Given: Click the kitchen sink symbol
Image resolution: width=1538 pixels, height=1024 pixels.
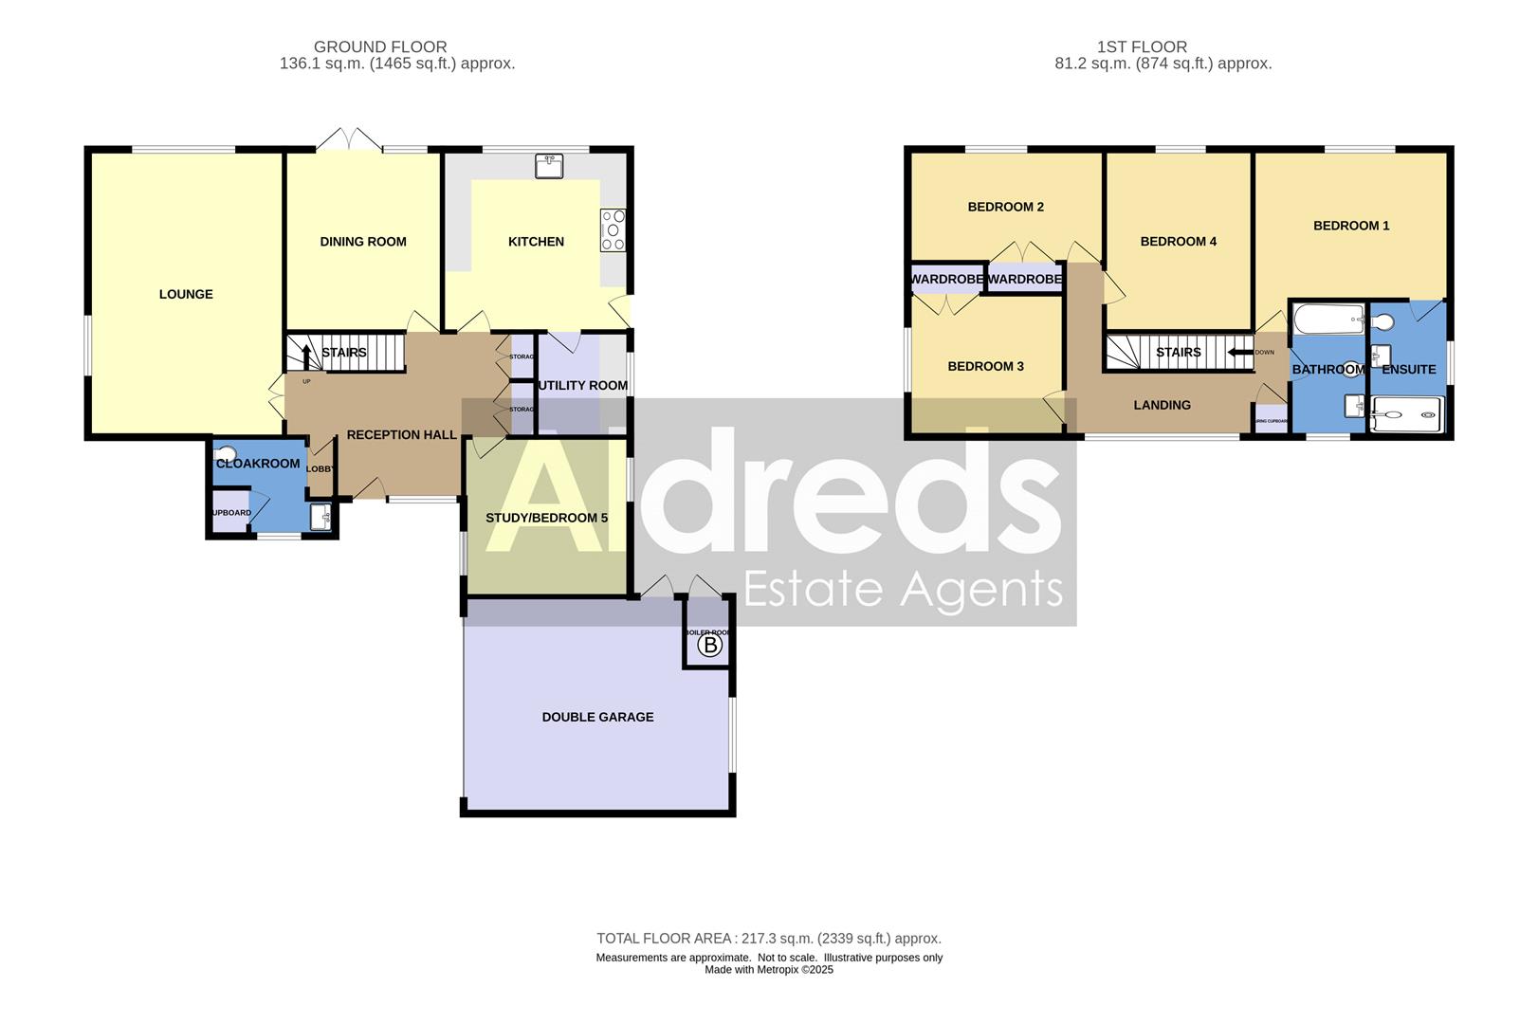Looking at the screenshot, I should pos(549,166).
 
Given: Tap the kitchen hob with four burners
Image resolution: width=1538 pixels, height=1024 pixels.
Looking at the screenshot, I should pos(613,229).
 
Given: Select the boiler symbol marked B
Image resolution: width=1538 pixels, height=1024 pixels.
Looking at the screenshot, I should pos(709,646).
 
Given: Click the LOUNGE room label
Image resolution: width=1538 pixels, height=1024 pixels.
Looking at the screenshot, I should pos(186,294).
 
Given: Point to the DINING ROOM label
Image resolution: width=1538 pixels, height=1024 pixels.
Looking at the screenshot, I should pos(363,242).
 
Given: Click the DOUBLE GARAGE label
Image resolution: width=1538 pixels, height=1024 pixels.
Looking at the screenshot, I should pos(597,717).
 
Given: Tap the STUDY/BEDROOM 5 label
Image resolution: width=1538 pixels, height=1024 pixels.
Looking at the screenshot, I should pos(546,518).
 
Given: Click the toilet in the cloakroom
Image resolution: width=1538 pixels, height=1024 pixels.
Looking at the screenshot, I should pos(226,453).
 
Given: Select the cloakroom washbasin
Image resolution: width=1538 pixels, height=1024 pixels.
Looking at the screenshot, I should pos(321,516).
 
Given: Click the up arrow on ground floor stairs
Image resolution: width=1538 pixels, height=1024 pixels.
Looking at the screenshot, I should pos(306,356).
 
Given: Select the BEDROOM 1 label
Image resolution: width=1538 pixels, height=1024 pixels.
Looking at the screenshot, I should pos(1351,226).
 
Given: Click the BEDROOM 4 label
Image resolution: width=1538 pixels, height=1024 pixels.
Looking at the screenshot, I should pos(1178,242).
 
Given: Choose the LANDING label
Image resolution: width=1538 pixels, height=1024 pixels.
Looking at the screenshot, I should pos(1162,405).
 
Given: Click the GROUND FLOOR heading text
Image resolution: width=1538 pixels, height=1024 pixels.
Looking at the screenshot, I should pos(380,46).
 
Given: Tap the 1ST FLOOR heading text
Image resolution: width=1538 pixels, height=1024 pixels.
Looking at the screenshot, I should pos(1142,46).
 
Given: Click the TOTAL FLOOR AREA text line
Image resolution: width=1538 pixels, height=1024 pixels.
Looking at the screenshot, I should pos(768,939).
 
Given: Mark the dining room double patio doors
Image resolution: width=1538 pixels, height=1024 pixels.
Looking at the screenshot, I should pos(350,140).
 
